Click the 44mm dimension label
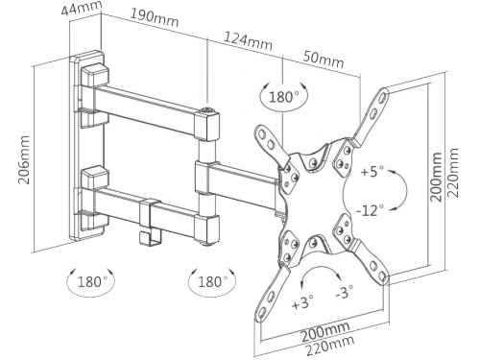tap(82, 8)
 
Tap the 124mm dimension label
tap(248, 40)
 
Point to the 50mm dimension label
tap(324, 59)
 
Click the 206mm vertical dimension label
tap(24, 159)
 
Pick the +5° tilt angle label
tap(372, 171)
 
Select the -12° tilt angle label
tap(370, 211)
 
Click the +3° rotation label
tap(302, 302)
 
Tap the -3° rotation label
tap(345, 292)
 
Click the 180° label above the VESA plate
tap(284, 97)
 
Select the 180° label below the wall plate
tap(90, 282)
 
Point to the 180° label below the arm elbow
tap(213, 282)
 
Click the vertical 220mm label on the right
tap(452, 173)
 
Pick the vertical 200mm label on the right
tap(436, 177)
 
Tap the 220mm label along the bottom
tap(330, 346)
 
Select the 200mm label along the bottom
tap(325, 332)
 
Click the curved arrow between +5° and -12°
tap(406, 191)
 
